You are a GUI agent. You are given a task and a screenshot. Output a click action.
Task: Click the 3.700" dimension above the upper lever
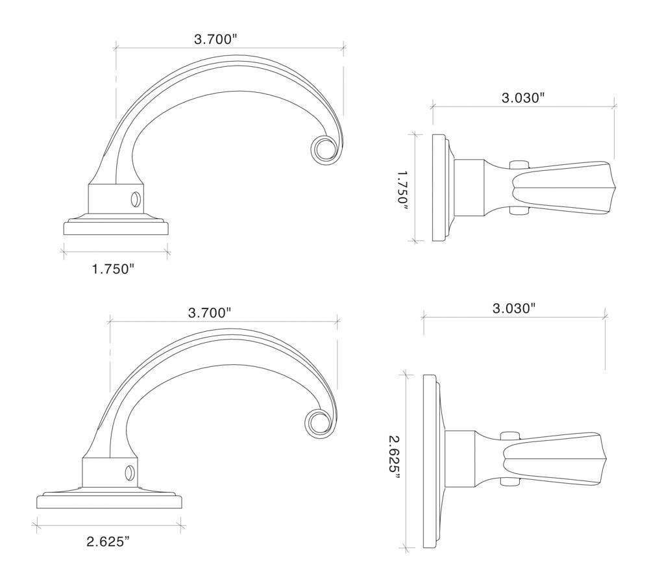coord(215,40)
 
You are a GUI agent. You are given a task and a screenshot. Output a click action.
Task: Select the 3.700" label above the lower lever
coord(210,313)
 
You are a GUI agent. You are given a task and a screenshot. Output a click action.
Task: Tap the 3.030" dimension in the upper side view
coord(522,99)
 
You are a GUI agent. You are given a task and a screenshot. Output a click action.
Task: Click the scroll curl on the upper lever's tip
coord(322,149)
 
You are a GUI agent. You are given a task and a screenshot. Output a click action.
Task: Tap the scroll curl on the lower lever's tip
coord(317,423)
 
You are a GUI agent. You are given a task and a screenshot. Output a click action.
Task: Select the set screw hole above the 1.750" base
coord(136,197)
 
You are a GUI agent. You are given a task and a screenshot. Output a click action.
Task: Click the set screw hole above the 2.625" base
coord(130,471)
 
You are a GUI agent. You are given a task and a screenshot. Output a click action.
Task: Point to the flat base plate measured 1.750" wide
coord(117,228)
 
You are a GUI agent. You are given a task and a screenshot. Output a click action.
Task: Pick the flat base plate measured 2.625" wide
coord(110,501)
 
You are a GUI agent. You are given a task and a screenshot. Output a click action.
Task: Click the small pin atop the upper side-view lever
coord(517,164)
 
